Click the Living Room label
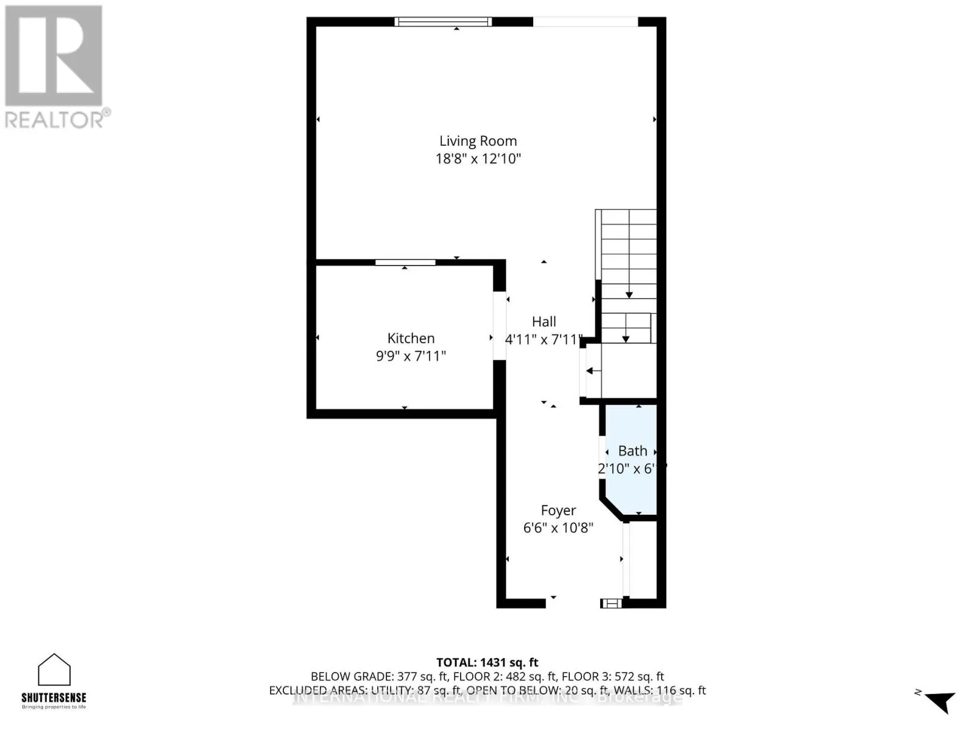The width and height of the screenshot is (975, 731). tap(478, 141)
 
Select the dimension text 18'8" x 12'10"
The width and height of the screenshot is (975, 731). tap(478, 159)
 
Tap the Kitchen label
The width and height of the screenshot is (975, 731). tap(411, 338)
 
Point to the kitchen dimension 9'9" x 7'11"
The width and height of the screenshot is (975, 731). tap(411, 356)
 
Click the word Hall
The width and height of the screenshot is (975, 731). tap(544, 322)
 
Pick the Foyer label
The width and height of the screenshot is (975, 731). tap(558, 510)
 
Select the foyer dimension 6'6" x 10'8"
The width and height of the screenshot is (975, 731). tap(558, 528)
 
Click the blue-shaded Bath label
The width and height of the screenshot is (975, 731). tap(633, 451)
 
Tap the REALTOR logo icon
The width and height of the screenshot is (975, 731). tap(54, 56)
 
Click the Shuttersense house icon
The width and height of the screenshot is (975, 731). tap(54, 670)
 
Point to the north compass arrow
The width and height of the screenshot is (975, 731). tap(940, 701)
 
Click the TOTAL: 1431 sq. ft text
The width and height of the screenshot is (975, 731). tap(487, 662)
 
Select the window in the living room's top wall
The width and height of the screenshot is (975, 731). tap(442, 22)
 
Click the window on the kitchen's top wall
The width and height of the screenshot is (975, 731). tap(405, 263)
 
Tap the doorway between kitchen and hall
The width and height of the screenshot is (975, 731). tap(499, 326)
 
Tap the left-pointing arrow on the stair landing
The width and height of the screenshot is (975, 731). tap(593, 370)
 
